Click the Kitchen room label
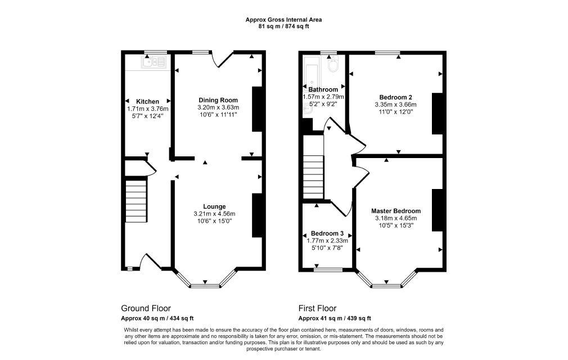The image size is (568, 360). point(147,101)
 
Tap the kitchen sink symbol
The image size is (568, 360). point(154,62)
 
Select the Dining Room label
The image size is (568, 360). point(218,100)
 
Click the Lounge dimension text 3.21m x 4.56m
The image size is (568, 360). point(214,214)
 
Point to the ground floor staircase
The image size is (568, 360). point(136,201)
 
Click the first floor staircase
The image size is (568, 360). point(313,177)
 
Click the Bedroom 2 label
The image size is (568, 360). point(395,97)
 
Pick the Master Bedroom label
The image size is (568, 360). point(396,211)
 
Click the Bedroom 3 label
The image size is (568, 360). point(327,233)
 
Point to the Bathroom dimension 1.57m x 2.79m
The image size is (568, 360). point(323,97)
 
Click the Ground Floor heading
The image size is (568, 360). point(146,309)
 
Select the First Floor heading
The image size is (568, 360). point(317,309)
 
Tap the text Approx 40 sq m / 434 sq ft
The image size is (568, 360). point(157,318)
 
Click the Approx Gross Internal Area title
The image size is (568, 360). point(283,20)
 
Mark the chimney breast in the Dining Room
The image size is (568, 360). point(256,109)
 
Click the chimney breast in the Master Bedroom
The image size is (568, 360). point(437,210)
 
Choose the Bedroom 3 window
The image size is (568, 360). point(328,270)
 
